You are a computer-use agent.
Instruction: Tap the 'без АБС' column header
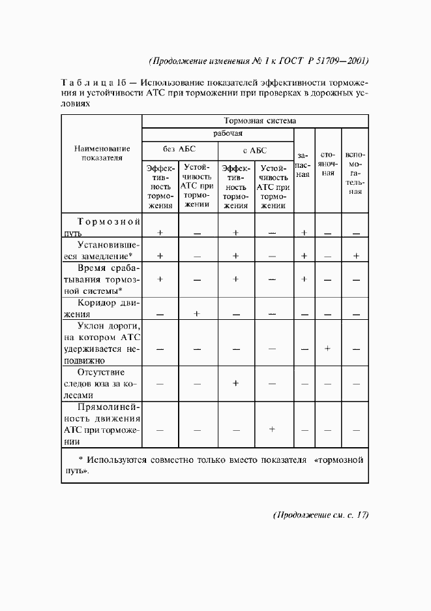(180, 150)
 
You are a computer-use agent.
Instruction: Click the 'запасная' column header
(303, 166)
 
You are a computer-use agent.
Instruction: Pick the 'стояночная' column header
(328, 164)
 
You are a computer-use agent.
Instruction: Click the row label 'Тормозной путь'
(102, 227)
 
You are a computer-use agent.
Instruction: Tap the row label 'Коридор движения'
(102, 308)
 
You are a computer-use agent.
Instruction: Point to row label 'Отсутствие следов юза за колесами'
(102, 383)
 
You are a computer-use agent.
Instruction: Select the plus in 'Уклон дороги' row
(328, 349)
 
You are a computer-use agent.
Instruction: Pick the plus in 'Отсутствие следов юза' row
(235, 383)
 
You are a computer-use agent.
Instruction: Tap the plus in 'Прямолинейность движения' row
(273, 429)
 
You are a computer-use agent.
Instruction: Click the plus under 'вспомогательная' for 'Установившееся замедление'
(355, 256)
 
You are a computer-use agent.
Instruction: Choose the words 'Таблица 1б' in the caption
(94, 84)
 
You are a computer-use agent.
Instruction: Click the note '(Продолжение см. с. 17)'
(320, 515)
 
